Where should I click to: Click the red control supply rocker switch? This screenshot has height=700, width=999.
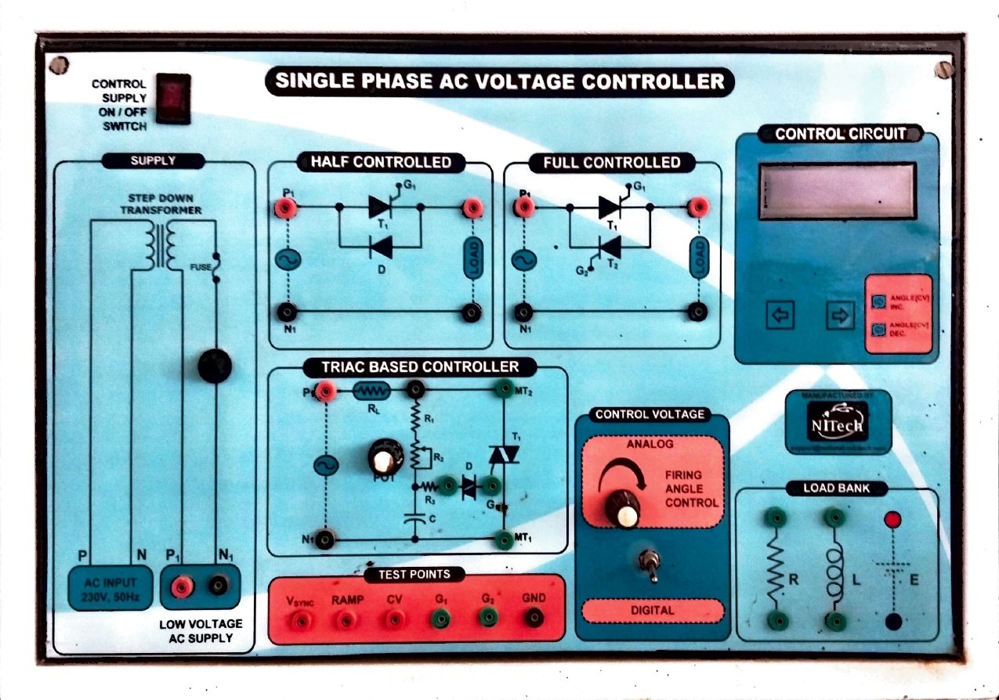[x=172, y=98]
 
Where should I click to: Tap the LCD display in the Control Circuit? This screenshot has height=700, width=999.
[x=837, y=191]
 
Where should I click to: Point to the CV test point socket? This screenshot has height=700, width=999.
[x=393, y=619]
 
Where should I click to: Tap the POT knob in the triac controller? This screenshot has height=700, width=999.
[x=385, y=456]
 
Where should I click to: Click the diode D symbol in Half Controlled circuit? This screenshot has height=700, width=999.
[x=381, y=247]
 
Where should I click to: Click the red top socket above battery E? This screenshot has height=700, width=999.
[x=892, y=520]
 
